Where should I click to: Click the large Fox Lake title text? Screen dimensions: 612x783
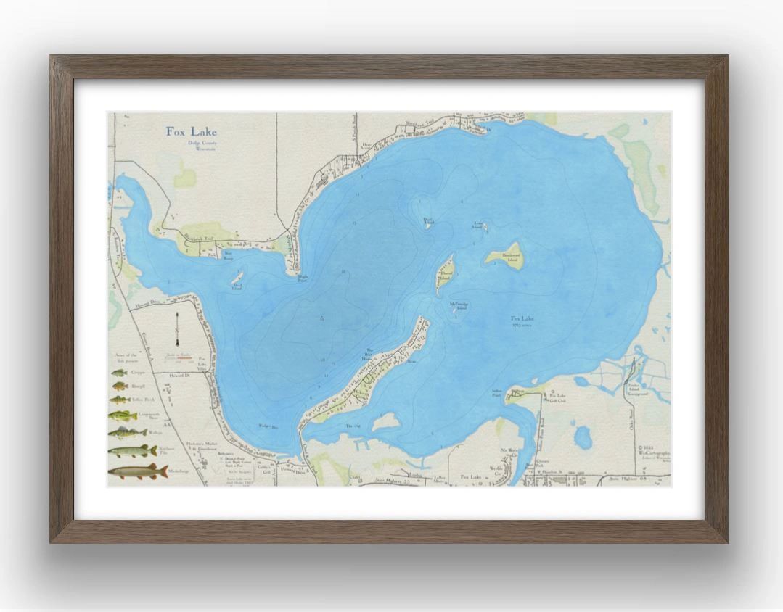click(191, 132)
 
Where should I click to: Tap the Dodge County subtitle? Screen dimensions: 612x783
click(191, 144)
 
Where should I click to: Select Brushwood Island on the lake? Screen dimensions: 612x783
click(507, 256)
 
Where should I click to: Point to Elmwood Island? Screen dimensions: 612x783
click(445, 274)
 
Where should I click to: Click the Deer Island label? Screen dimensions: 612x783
click(237, 285)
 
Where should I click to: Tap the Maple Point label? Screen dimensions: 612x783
click(303, 278)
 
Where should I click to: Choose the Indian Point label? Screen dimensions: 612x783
click(496, 394)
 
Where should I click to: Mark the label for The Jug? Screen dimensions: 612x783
click(353, 426)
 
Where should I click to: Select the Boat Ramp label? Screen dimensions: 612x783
click(228, 255)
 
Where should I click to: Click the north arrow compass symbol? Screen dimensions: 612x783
click(178, 334)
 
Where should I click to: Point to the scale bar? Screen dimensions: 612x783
click(179, 357)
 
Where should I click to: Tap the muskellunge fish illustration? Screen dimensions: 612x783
click(133, 473)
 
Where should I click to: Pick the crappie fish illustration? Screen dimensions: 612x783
click(119, 373)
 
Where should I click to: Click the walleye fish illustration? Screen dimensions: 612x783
click(127, 434)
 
